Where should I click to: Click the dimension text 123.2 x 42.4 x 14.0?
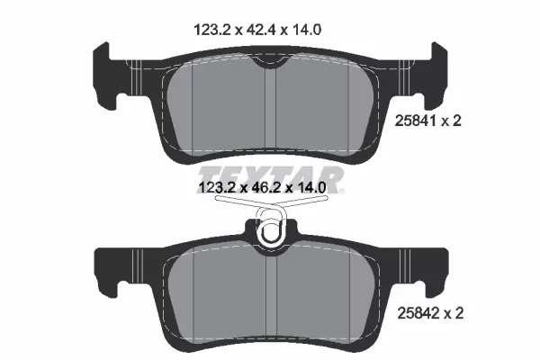257,30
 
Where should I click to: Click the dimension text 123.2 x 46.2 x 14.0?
263,188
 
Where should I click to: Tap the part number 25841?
415,121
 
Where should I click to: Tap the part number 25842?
418,313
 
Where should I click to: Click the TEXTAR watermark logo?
271,179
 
